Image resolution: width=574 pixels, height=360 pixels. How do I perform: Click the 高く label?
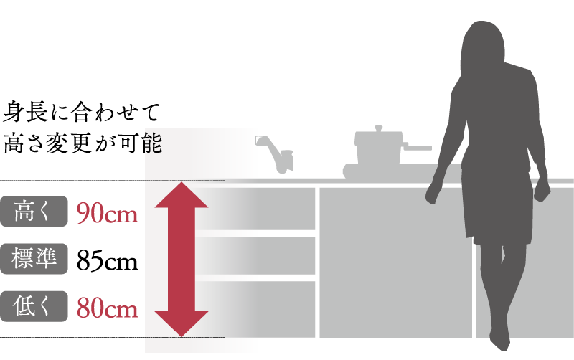(x=34, y=212)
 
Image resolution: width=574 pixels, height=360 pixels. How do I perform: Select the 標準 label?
(x=34, y=259)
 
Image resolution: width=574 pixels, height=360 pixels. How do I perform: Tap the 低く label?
(x=34, y=306)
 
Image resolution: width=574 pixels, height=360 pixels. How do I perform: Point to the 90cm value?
(x=108, y=214)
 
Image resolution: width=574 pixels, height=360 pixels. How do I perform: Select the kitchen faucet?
(x=276, y=155)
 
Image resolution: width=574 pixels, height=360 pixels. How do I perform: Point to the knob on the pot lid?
(x=379, y=129)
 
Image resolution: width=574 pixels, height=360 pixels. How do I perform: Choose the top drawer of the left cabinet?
(x=280, y=208)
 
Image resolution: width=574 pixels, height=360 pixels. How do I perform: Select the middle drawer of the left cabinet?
(x=280, y=255)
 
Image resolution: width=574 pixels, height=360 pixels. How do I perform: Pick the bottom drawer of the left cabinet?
(x=280, y=308)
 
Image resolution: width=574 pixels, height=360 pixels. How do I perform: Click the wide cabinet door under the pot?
(x=395, y=262)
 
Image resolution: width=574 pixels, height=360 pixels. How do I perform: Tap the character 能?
(x=153, y=143)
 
